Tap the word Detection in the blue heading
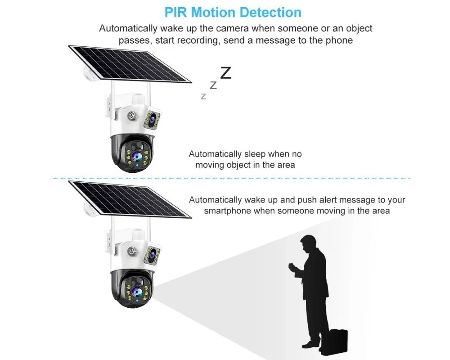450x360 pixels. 270,12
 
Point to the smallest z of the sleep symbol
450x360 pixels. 203,96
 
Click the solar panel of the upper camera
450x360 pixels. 130,64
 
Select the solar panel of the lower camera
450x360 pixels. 130,199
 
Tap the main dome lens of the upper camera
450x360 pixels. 137,157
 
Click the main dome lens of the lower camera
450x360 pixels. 137,292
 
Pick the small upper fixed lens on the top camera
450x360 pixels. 152,118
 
